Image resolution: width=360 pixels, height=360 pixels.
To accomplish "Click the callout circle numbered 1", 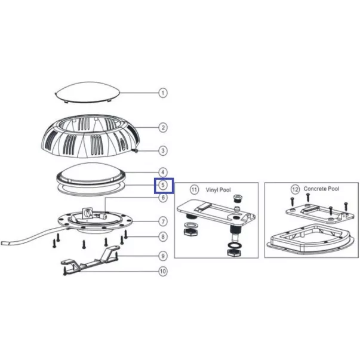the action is pyautogui.click(x=163, y=93).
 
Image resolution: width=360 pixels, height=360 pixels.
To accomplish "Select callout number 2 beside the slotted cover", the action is pyautogui.click(x=163, y=128).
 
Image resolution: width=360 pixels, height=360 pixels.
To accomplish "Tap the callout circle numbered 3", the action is pyautogui.click(x=163, y=151).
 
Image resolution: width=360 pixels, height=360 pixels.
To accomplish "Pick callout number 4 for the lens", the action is pyautogui.click(x=163, y=172).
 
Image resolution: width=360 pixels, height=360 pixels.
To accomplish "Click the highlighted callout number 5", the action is pyautogui.click(x=163, y=185).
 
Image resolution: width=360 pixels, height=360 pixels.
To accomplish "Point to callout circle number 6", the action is pyautogui.click(x=163, y=198).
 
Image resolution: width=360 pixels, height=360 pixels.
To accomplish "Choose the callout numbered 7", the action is pyautogui.click(x=163, y=221).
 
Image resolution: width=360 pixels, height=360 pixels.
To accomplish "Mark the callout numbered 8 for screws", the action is pyautogui.click(x=163, y=236).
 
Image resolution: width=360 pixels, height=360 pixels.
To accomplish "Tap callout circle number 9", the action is pyautogui.click(x=163, y=256).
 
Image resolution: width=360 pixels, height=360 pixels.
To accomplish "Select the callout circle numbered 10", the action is pyautogui.click(x=163, y=272).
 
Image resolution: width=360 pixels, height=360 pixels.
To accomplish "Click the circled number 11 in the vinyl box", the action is pyautogui.click(x=194, y=190).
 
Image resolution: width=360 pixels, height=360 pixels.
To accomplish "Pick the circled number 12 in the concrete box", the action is pyautogui.click(x=295, y=189).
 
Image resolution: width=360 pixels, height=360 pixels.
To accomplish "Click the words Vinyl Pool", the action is pyautogui.click(x=218, y=190).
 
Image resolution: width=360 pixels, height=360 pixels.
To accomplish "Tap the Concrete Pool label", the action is pyautogui.click(x=321, y=189).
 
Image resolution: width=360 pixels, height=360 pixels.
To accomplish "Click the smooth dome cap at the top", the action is pyautogui.click(x=88, y=92).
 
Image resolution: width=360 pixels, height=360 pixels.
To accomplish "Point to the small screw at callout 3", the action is pyautogui.click(x=136, y=150).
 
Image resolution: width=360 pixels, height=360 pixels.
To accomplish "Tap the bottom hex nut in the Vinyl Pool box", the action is pyautogui.click(x=234, y=253).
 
